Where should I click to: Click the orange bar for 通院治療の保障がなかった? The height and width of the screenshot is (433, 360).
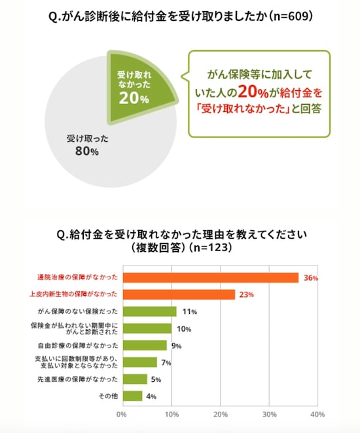[x=210, y=277]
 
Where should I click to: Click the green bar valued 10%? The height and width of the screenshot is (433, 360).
[x=146, y=328]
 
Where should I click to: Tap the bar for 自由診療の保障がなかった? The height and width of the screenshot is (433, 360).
[x=143, y=345]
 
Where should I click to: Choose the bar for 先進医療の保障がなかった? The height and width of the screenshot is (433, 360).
[x=134, y=379]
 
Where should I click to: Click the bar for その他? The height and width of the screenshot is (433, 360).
[x=131, y=396]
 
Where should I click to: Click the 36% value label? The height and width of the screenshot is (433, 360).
[x=310, y=278]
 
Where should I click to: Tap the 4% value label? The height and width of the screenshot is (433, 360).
[x=151, y=396]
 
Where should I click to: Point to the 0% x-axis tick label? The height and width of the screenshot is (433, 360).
[x=121, y=414]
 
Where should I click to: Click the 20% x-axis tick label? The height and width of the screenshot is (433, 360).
[x=219, y=414]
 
